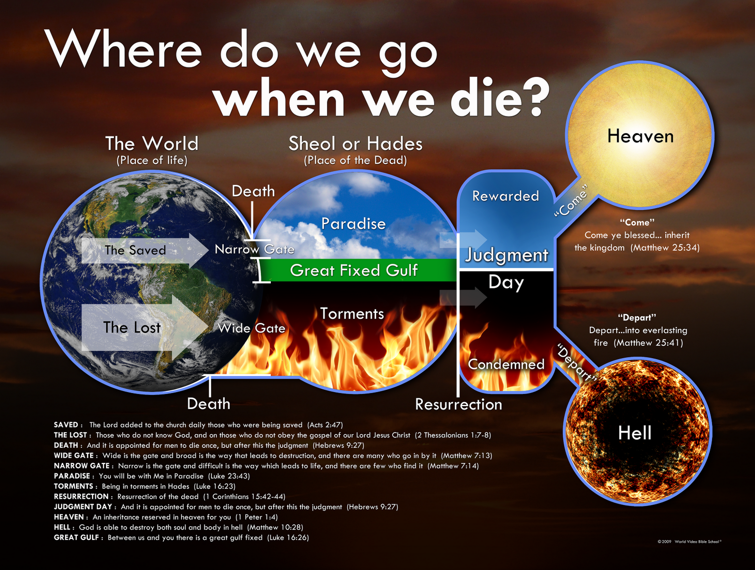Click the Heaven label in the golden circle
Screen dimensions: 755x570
pyautogui.click(x=640, y=136)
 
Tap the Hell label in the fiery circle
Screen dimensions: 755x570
pyautogui.click(x=635, y=433)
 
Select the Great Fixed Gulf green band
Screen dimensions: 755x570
pyautogui.click(x=358, y=270)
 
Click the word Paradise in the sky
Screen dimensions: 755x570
pyautogui.click(x=353, y=224)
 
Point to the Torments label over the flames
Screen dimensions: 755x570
pyautogui.click(x=352, y=314)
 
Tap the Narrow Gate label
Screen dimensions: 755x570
pyautogui.click(x=254, y=249)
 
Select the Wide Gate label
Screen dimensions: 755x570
pyautogui.click(x=252, y=328)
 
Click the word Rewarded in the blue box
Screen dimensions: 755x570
pyautogui.click(x=506, y=196)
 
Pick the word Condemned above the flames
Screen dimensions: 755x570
pyautogui.click(x=506, y=364)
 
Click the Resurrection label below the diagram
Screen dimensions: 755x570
pyautogui.click(x=459, y=404)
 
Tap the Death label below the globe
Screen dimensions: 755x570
pyautogui.click(x=209, y=403)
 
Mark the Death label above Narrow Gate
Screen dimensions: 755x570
pyautogui.click(x=253, y=191)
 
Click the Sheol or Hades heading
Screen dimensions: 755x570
pyautogui.click(x=355, y=144)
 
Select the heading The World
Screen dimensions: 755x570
pyautogui.click(x=152, y=143)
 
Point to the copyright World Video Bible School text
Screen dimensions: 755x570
pyautogui.click(x=690, y=542)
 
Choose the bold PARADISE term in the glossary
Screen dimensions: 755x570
pyautogui.click(x=72, y=476)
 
